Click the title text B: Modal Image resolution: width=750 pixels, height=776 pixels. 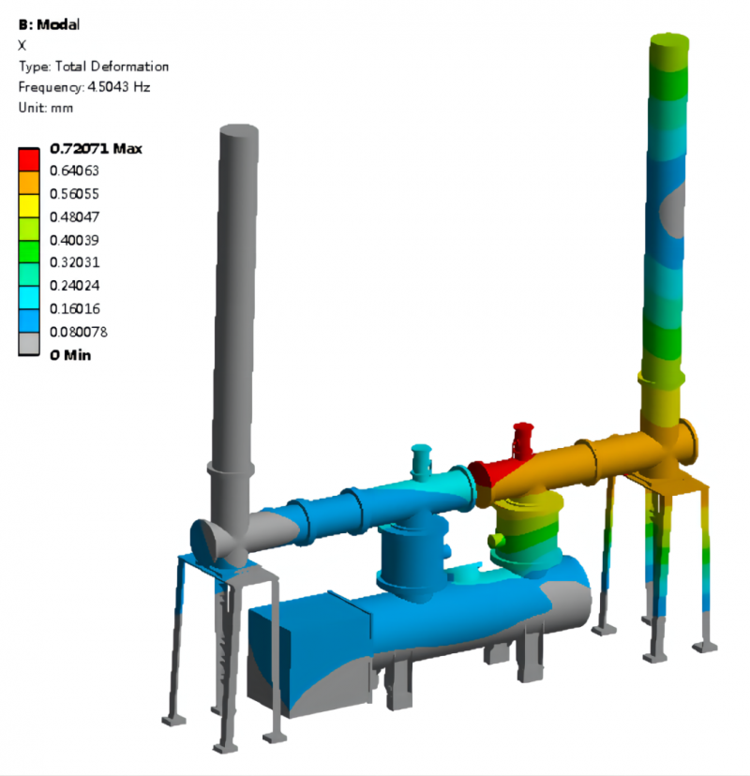[49, 24]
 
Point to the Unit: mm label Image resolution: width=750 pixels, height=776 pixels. [46, 108]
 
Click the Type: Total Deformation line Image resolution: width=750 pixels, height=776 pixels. [94, 67]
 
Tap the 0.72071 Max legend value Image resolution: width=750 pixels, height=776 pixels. [96, 148]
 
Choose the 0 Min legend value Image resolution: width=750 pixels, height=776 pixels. [70, 355]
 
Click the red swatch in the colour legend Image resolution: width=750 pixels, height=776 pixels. [29, 159]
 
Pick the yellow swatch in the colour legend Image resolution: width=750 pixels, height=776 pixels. [29, 206]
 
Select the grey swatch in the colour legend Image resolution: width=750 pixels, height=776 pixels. [29, 343]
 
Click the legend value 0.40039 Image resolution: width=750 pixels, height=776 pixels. [74, 240]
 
